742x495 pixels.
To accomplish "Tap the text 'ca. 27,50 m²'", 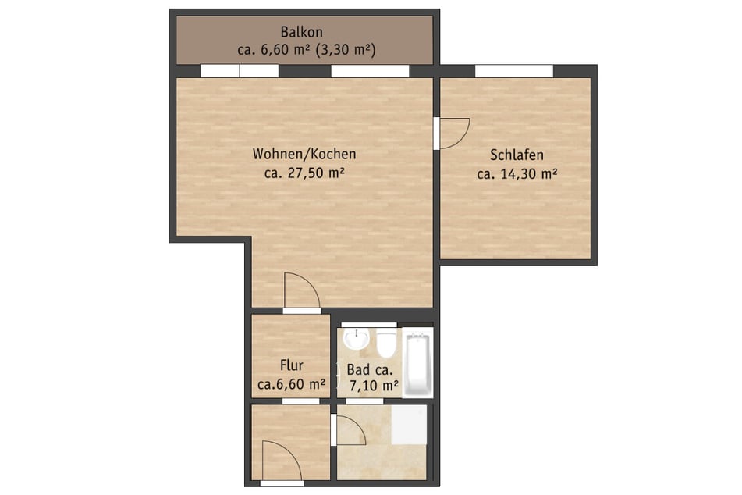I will point(304,173).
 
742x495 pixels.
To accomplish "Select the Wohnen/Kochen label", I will point(304,154).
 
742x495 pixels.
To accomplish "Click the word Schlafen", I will point(517,155).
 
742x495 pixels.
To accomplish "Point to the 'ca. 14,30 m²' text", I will point(517,174).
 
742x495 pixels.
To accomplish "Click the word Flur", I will point(291,365).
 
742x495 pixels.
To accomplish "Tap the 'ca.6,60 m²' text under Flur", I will point(291,384).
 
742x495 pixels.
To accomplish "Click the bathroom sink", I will point(357,340).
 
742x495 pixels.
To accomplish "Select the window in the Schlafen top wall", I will point(514,71).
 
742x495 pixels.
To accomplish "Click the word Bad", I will point(358,369).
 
